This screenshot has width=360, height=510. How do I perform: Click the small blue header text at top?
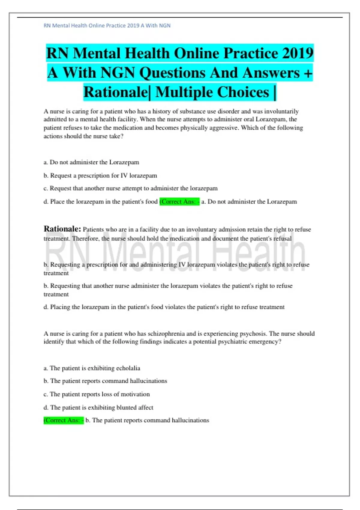(107, 25)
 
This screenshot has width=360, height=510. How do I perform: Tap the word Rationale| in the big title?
(116, 92)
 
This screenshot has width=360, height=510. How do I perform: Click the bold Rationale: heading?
(62, 229)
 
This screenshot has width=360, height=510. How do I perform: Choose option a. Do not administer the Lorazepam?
(91, 162)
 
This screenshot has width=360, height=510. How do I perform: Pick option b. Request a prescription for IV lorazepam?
(100, 175)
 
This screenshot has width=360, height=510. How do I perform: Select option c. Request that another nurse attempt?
(130, 188)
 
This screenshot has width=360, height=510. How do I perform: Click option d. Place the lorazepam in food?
(100, 202)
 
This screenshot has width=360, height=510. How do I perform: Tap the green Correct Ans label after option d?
(179, 202)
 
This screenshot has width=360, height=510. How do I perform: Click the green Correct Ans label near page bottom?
(64, 420)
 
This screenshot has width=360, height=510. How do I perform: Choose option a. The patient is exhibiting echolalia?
(92, 368)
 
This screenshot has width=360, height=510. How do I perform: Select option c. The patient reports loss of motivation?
(97, 394)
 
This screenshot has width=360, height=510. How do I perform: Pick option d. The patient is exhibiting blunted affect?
(98, 407)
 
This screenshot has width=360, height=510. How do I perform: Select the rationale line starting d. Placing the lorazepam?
(164, 307)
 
